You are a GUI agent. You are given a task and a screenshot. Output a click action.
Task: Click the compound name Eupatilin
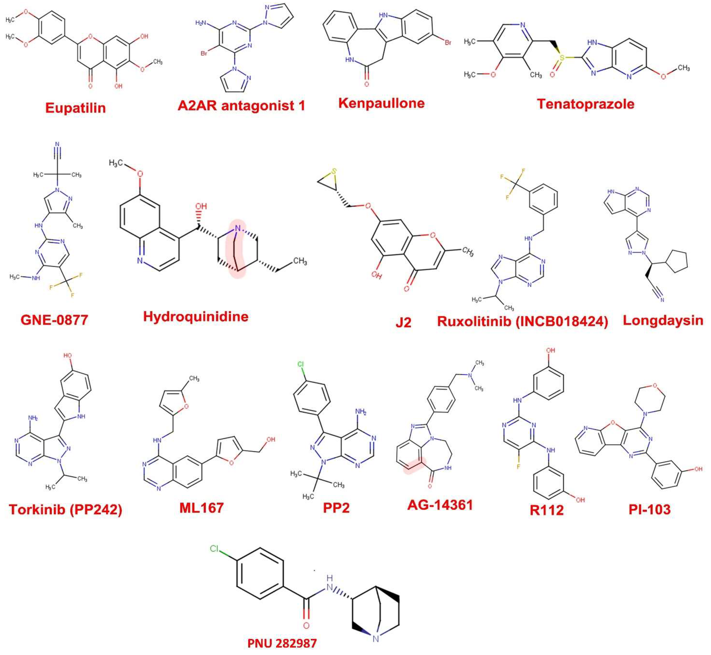(x=76, y=108)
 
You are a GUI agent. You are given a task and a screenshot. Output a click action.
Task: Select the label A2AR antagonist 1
(x=241, y=106)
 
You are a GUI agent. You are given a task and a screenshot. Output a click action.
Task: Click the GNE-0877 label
(x=54, y=320)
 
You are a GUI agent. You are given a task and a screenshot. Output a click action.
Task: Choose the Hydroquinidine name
(x=195, y=316)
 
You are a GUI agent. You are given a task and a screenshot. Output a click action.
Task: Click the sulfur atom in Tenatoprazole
(x=562, y=57)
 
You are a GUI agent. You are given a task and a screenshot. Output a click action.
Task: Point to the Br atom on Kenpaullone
(x=448, y=43)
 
